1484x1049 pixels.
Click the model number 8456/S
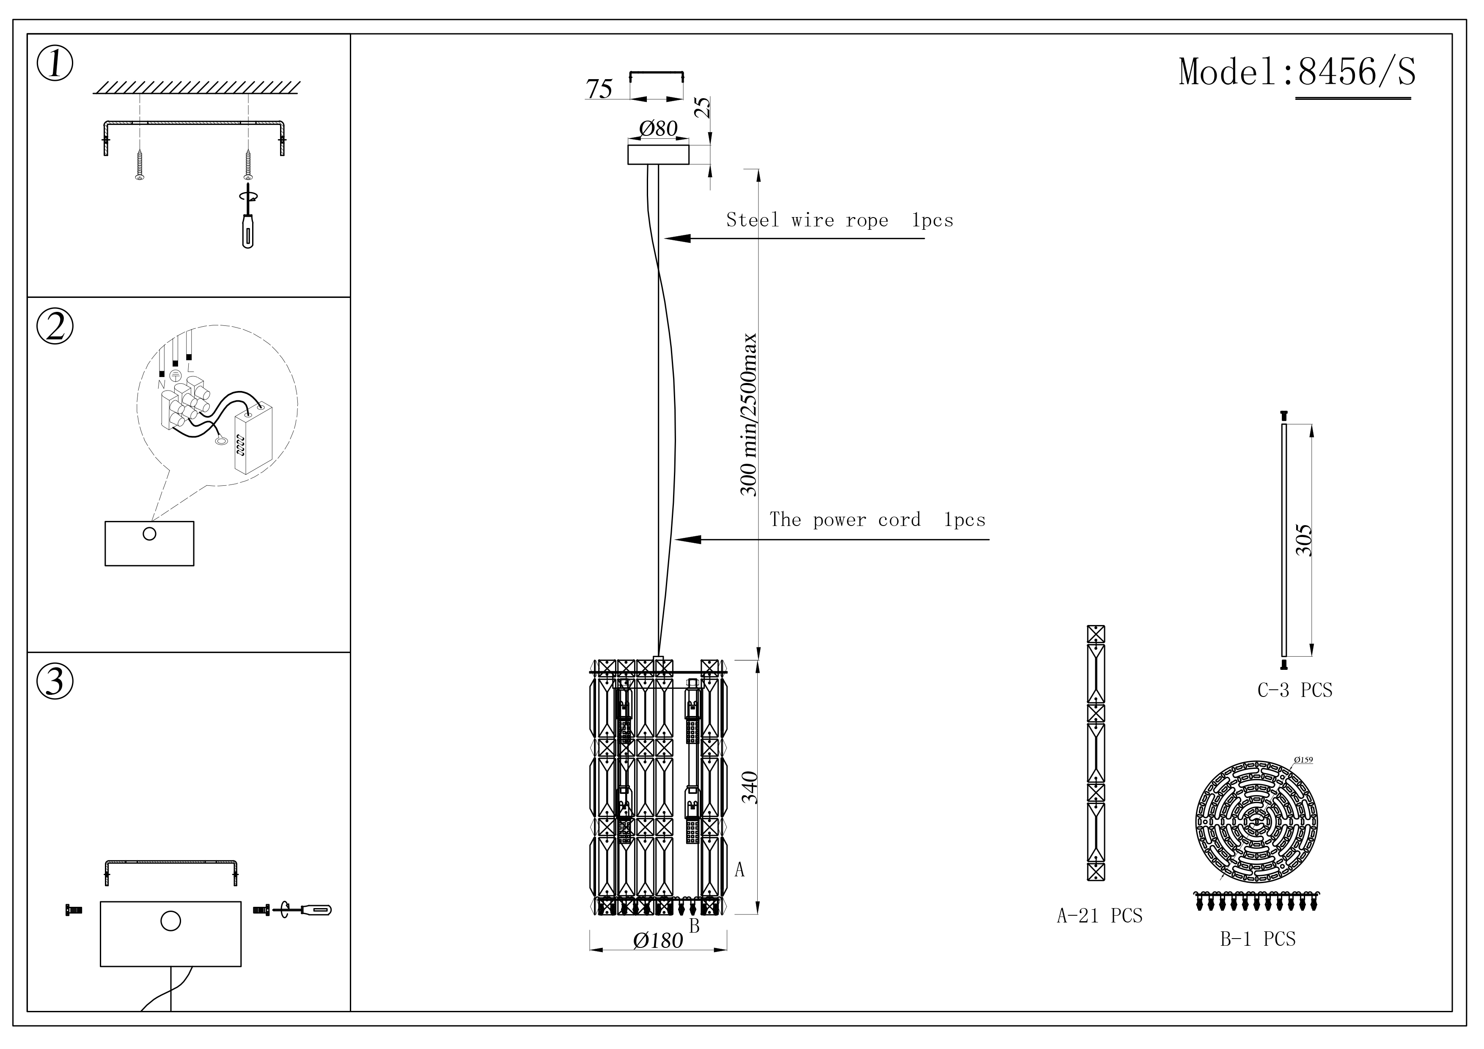tap(1356, 72)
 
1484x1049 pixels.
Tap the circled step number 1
tap(55, 64)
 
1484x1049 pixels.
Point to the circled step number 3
tap(55, 681)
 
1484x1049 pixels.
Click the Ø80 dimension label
tap(658, 129)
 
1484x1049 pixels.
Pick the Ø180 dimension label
tap(658, 940)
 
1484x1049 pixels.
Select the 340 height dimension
tap(750, 787)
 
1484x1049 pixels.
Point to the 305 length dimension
tap(1304, 540)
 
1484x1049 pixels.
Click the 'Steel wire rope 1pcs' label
tap(839, 220)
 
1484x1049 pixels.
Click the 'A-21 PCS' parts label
tap(1099, 916)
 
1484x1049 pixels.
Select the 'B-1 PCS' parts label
tap(1258, 939)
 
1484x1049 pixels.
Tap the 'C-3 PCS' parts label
tap(1294, 690)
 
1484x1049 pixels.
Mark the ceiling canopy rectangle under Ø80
tap(658, 154)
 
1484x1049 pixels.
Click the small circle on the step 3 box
tap(170, 921)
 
